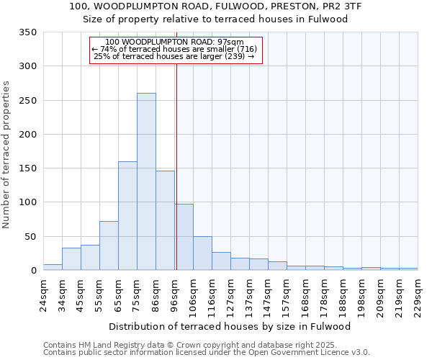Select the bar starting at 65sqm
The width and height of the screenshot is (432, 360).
tap(127, 216)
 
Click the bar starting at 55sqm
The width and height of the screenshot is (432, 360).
tap(109, 246)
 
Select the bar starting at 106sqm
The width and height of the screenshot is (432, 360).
tap(202, 253)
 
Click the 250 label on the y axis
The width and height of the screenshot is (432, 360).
tap(27, 101)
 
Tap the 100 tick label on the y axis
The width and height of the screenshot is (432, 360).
tap(27, 202)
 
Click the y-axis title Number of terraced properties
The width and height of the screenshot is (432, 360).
tap(7, 155)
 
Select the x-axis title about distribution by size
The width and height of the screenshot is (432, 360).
tap(230, 326)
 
